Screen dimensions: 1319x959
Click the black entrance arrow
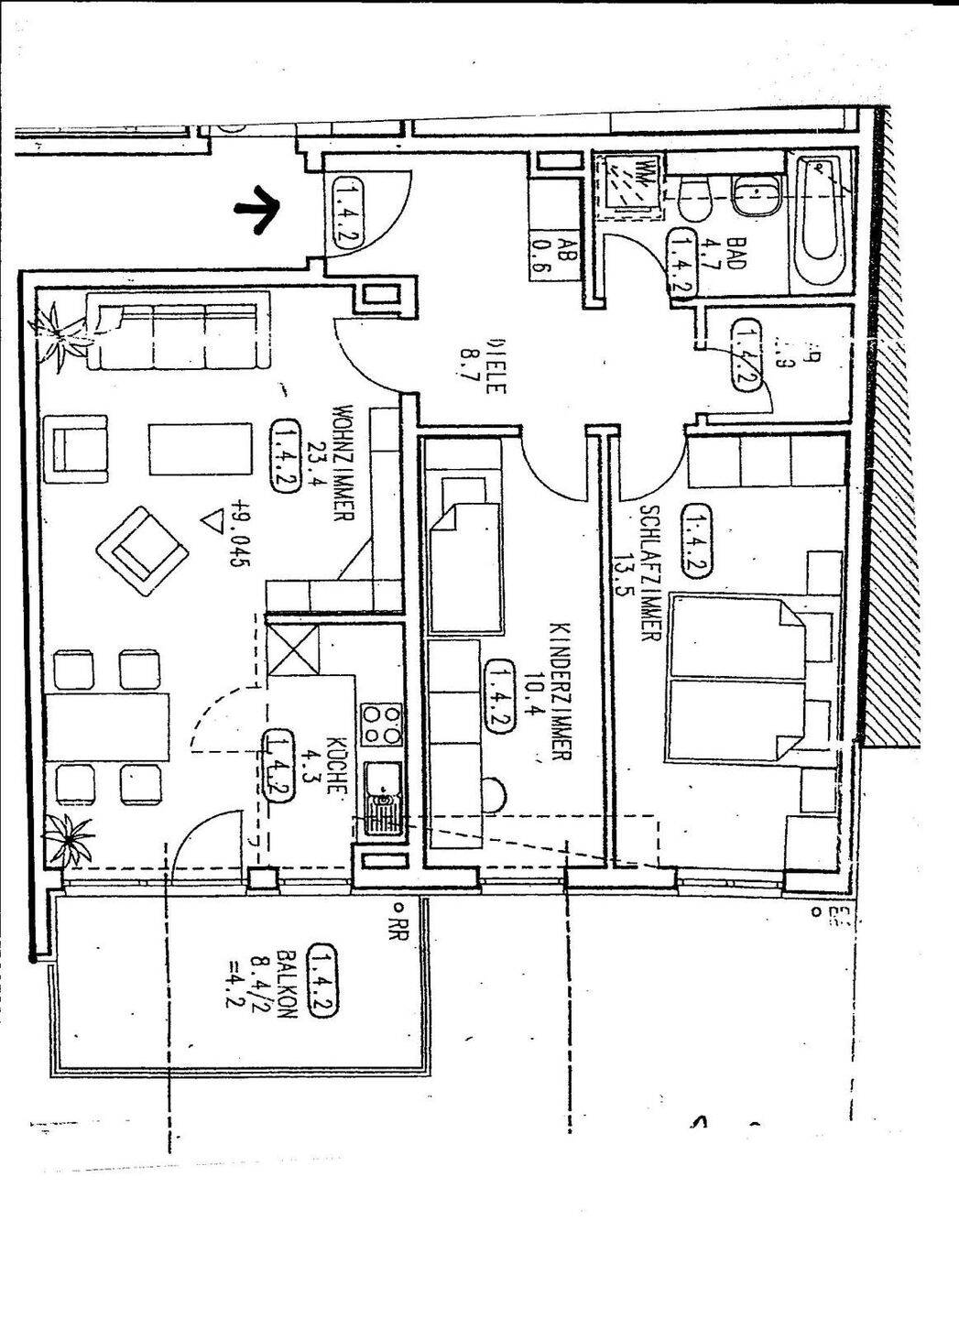click(259, 210)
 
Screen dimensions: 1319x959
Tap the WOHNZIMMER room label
click(343, 462)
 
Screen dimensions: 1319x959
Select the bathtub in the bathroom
click(820, 223)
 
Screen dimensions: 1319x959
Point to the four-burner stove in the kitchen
click(381, 723)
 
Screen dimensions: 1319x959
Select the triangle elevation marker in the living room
click(213, 523)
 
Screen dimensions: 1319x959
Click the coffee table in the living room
click(200, 448)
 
